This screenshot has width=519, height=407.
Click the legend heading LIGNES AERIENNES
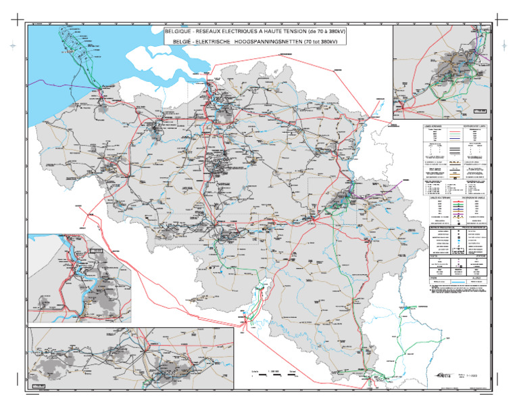click(x=430, y=126)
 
